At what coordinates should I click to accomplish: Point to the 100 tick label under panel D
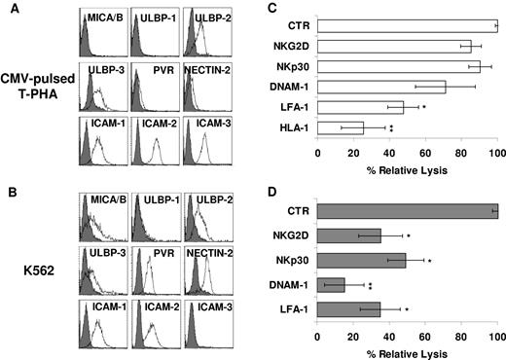(x=497, y=335)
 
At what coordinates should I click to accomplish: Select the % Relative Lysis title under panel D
(x=408, y=350)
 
